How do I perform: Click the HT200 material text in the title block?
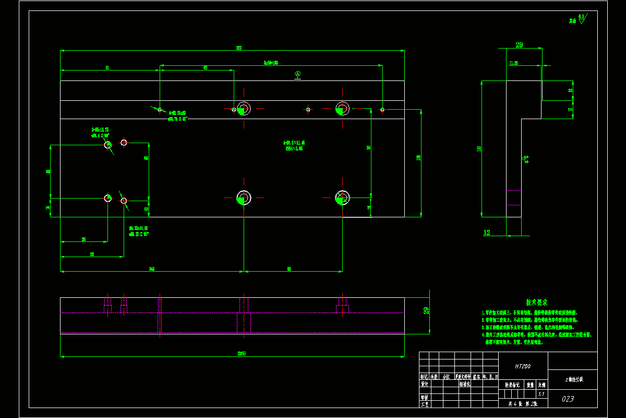coord(522,367)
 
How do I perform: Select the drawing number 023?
coord(568,399)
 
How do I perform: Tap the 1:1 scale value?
coord(541,394)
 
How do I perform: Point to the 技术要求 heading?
coord(536,303)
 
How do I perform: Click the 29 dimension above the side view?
coord(519,45)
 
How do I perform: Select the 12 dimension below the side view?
coord(487,233)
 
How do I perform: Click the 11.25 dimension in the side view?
coord(514,63)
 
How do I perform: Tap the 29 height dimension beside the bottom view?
coord(426,311)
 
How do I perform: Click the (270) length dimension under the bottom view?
coord(241,354)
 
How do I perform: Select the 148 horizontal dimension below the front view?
coord(152,269)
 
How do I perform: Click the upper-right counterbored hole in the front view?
coord(342,109)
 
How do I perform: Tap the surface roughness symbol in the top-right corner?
coord(577,20)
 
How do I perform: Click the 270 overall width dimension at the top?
coord(239,48)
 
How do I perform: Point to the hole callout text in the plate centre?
coord(294,145)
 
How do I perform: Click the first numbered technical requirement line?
coord(529,313)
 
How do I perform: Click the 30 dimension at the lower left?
coord(83,239)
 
